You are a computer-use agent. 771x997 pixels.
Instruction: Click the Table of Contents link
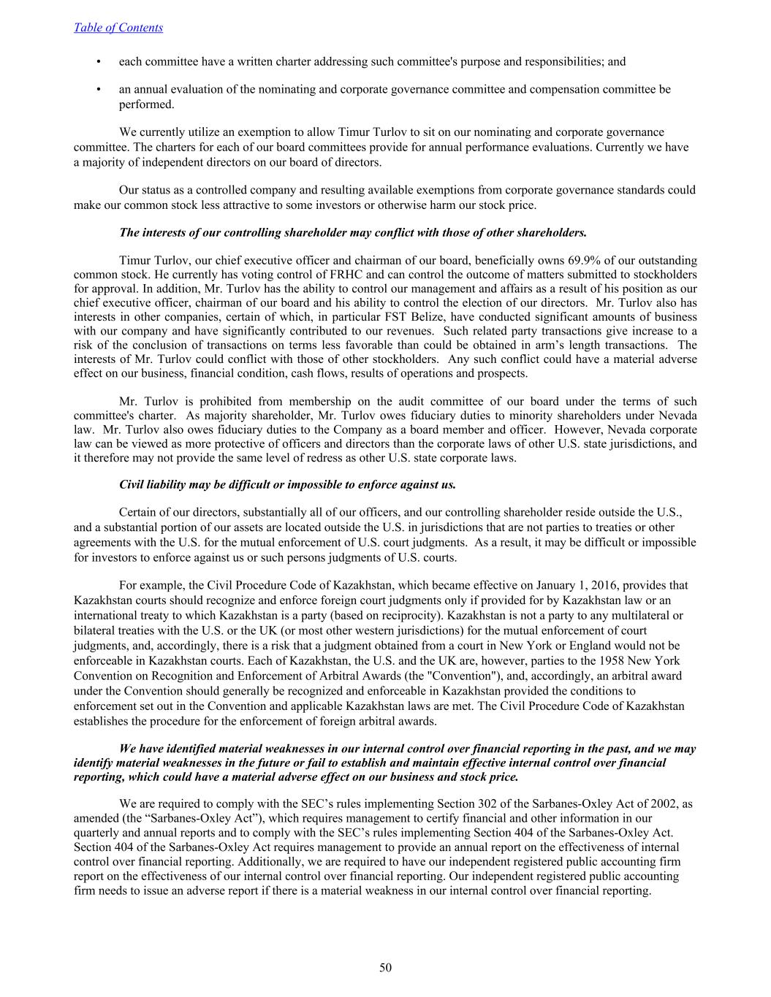tap(118, 28)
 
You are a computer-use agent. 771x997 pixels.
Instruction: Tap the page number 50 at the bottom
tap(385, 968)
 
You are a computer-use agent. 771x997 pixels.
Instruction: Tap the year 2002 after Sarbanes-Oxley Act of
tap(659, 804)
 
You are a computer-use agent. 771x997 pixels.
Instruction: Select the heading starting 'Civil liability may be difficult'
tap(287, 484)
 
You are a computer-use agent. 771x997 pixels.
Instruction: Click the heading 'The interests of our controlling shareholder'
tap(352, 233)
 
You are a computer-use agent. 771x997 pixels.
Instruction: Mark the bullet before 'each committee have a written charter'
tap(99, 61)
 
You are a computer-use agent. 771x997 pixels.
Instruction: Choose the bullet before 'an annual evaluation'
tap(99, 89)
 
